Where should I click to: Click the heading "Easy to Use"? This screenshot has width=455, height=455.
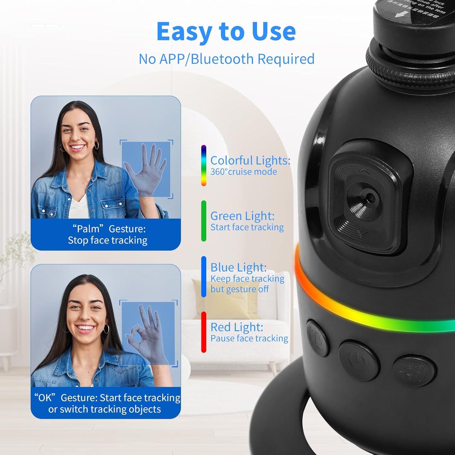coord(226,32)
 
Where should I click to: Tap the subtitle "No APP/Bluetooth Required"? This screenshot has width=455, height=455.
coord(226,59)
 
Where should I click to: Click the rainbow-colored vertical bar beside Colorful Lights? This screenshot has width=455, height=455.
coord(204,166)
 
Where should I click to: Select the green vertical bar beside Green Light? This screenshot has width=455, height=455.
coord(204,221)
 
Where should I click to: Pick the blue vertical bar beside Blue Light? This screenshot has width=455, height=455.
coord(204,277)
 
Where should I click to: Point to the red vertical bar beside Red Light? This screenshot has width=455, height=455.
coord(204,332)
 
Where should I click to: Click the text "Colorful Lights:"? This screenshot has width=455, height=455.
coord(250,160)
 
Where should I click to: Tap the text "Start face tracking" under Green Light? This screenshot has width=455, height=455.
coord(247,227)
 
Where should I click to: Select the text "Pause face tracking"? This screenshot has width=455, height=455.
coord(249,339)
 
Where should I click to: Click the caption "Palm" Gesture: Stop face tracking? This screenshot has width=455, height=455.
coord(107,234)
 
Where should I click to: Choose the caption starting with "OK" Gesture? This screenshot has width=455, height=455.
coord(106,403)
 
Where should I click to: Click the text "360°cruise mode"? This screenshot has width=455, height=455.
coord(244,172)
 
